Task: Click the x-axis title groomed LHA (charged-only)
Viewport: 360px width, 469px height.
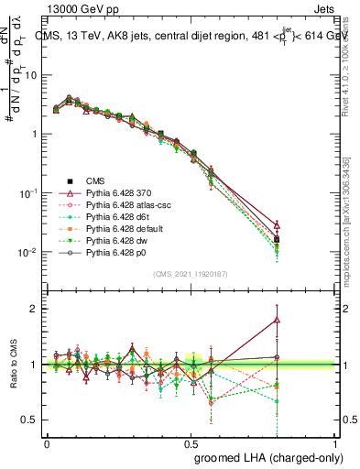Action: point(265,455)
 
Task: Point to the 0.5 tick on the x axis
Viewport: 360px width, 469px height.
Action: point(191,442)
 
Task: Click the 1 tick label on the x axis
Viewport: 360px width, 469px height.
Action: point(336,442)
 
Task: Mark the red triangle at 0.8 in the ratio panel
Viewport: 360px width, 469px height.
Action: point(278,320)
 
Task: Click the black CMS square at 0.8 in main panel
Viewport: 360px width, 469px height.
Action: point(278,239)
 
